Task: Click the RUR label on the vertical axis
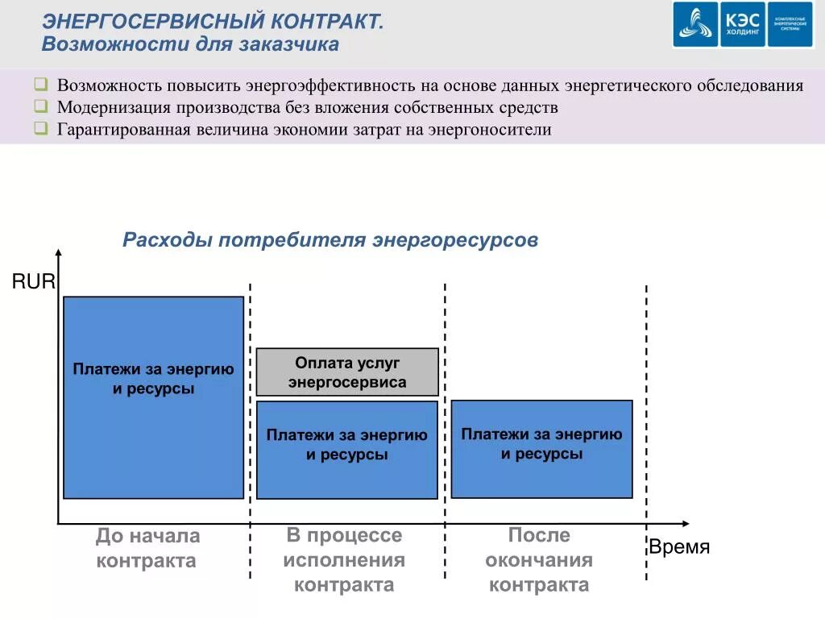click(x=33, y=281)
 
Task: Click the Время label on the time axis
click(x=679, y=547)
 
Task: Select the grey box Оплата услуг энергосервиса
click(x=347, y=372)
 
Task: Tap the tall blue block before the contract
click(x=153, y=397)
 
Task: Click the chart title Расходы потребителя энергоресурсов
click(x=330, y=240)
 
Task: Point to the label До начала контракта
click(x=147, y=548)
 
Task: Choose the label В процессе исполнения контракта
click(x=344, y=559)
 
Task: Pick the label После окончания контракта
click(x=539, y=559)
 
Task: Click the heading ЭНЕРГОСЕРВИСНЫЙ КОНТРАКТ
click(x=213, y=22)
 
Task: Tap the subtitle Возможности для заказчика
click(x=190, y=44)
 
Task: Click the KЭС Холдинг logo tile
click(x=742, y=25)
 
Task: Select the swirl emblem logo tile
click(x=695, y=25)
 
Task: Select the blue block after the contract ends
click(x=541, y=449)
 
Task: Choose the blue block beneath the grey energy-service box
click(x=347, y=450)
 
